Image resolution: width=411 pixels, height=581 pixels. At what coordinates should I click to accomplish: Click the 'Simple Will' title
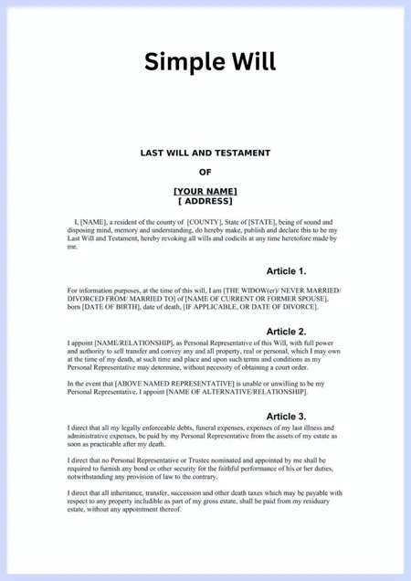coord(209,61)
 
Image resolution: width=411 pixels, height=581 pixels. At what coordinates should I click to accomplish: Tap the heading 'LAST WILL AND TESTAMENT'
coord(205,153)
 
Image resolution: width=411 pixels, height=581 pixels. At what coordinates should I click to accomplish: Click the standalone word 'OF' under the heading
coord(205,172)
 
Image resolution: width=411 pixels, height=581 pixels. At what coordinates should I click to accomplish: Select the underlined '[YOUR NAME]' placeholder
coord(205,190)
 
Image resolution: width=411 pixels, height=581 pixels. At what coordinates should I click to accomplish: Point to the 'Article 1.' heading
coord(286,271)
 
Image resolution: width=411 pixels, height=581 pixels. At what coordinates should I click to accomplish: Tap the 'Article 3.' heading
coord(286,417)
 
